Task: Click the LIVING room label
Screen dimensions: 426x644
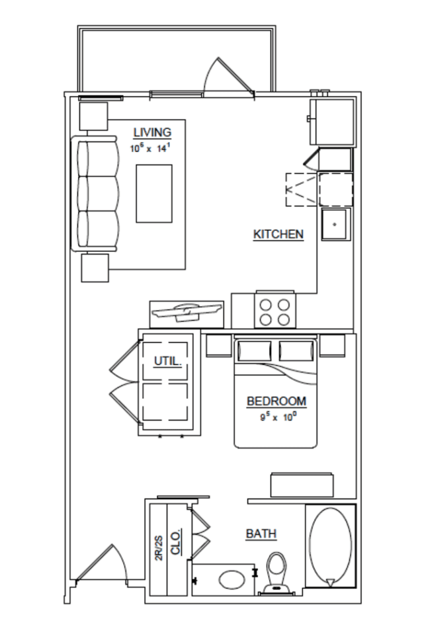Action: [x=152, y=133]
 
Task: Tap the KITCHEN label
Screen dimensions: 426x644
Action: [x=278, y=234]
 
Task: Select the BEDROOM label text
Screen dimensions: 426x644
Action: [x=277, y=401]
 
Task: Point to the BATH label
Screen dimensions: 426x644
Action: [x=261, y=534]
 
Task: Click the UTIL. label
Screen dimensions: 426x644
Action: [x=167, y=361]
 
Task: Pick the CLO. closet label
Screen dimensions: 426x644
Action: [x=176, y=543]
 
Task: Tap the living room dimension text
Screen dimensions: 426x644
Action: [x=149, y=148]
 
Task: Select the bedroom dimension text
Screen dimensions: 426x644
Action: [x=278, y=417]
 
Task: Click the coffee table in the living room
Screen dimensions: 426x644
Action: [x=154, y=194]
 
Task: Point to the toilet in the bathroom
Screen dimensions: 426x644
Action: [x=276, y=573]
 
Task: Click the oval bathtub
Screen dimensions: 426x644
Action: [x=330, y=546]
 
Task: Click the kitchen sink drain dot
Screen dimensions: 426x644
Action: [x=335, y=224]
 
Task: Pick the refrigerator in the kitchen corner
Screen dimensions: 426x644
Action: [x=333, y=122]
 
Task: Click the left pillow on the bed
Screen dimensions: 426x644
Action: [x=255, y=350]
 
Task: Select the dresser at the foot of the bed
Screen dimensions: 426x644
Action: [x=302, y=485]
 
